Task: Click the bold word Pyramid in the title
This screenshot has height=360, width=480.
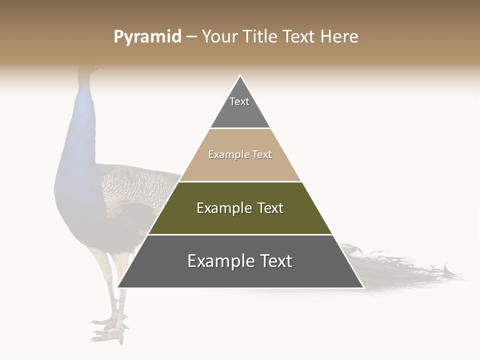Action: click(x=147, y=37)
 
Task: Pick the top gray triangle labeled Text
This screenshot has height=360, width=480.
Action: click(x=240, y=107)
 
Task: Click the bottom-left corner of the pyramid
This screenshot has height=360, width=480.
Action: click(x=119, y=287)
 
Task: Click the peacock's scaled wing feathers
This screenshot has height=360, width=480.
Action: click(x=135, y=185)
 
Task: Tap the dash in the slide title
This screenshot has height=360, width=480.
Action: click(x=191, y=37)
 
